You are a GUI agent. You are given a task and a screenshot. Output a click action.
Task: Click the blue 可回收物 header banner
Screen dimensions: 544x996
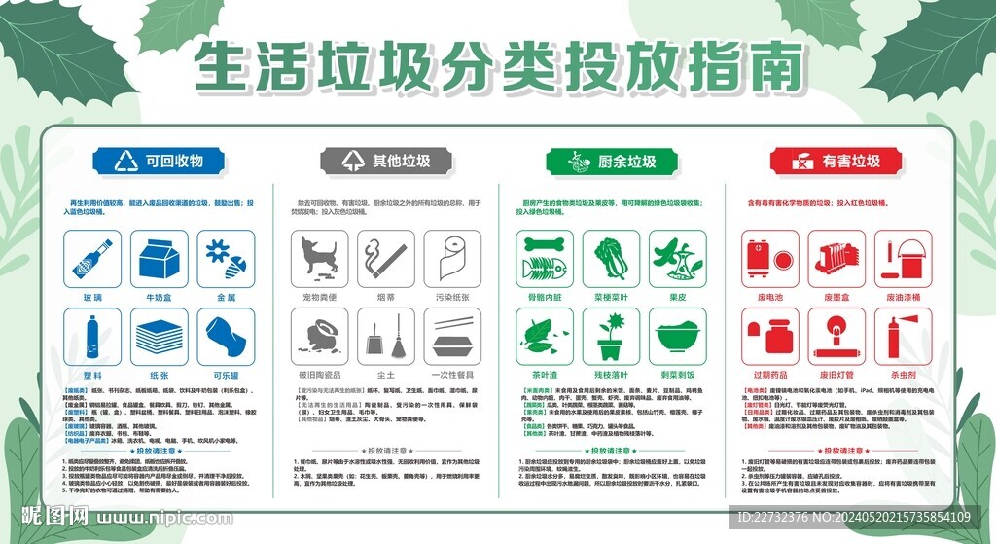[159, 161]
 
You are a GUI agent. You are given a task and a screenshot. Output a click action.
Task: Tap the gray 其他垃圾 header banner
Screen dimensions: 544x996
[386, 161]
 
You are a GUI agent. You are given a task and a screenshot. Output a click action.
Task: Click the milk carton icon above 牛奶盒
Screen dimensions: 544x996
[159, 258]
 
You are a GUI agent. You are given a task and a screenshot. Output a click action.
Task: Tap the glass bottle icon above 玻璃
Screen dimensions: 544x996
[92, 258]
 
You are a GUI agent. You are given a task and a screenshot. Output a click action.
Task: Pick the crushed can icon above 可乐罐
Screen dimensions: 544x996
[226, 337]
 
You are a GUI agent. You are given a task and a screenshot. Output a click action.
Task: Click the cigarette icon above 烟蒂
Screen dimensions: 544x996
[386, 258]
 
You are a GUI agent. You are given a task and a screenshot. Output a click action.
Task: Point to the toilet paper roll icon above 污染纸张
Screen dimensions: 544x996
[452, 258]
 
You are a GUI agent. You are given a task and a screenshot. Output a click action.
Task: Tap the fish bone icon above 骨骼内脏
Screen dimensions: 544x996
[545, 258]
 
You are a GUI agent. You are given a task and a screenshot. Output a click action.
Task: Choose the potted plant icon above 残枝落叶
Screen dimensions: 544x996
[612, 337]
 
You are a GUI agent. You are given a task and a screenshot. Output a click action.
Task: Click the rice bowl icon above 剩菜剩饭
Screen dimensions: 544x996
[678, 337]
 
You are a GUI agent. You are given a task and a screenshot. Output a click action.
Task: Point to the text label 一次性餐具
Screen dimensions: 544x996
[452, 375]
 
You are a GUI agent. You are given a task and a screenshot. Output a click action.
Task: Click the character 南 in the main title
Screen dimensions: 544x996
[774, 68]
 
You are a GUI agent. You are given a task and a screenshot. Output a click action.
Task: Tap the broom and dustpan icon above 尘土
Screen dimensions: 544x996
[386, 337]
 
